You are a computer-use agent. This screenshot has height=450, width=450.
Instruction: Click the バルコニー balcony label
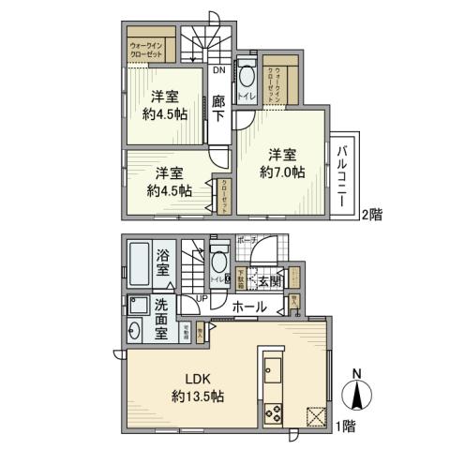click(343, 175)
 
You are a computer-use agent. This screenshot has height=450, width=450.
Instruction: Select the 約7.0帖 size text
click(281, 172)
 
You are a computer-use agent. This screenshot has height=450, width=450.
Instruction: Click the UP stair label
click(202, 298)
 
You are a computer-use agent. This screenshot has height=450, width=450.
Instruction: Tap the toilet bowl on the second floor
click(247, 78)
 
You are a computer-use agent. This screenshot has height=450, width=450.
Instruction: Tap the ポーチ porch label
click(247, 239)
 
